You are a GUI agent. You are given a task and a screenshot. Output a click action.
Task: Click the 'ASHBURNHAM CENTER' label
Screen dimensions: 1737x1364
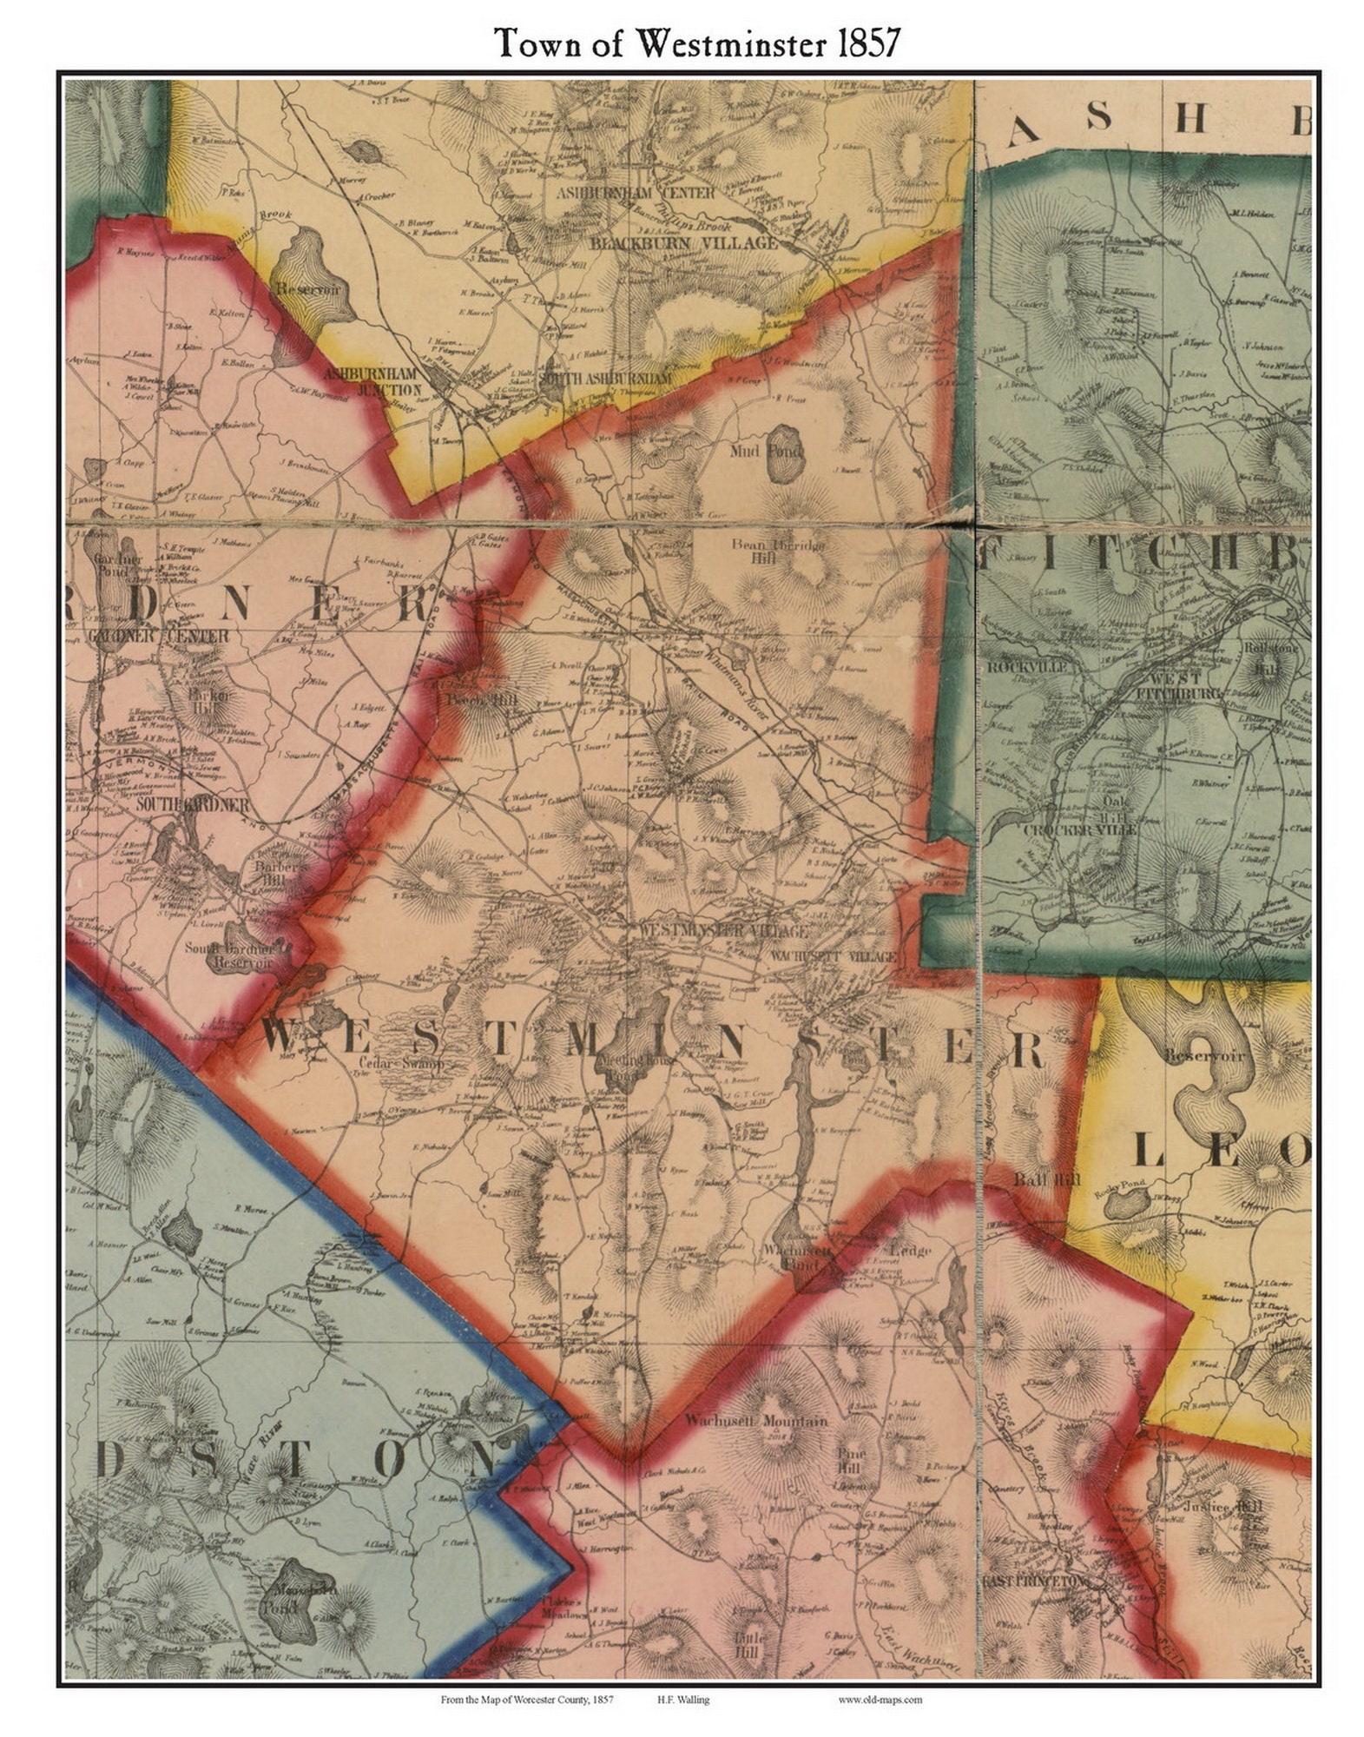coord(636,192)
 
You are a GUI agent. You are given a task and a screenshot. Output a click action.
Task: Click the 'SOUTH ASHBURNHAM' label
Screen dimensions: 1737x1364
coord(605,380)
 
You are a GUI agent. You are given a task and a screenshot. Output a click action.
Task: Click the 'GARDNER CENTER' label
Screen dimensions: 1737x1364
coord(158,637)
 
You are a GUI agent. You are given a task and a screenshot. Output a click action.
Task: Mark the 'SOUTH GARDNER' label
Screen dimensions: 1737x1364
coord(193,805)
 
